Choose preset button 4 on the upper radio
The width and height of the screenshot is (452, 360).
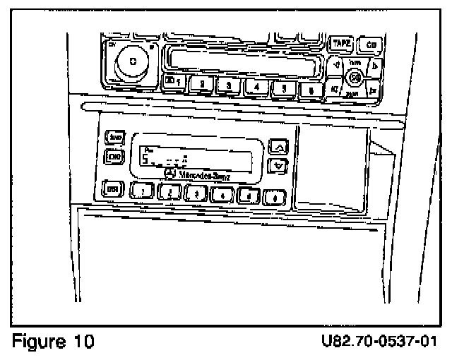pos(256,88)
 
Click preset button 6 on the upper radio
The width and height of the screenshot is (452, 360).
pos(309,90)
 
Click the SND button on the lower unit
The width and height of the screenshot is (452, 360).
pos(112,138)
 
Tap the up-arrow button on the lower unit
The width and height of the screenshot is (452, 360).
pos(280,147)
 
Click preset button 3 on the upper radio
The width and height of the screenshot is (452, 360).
pos(229,87)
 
